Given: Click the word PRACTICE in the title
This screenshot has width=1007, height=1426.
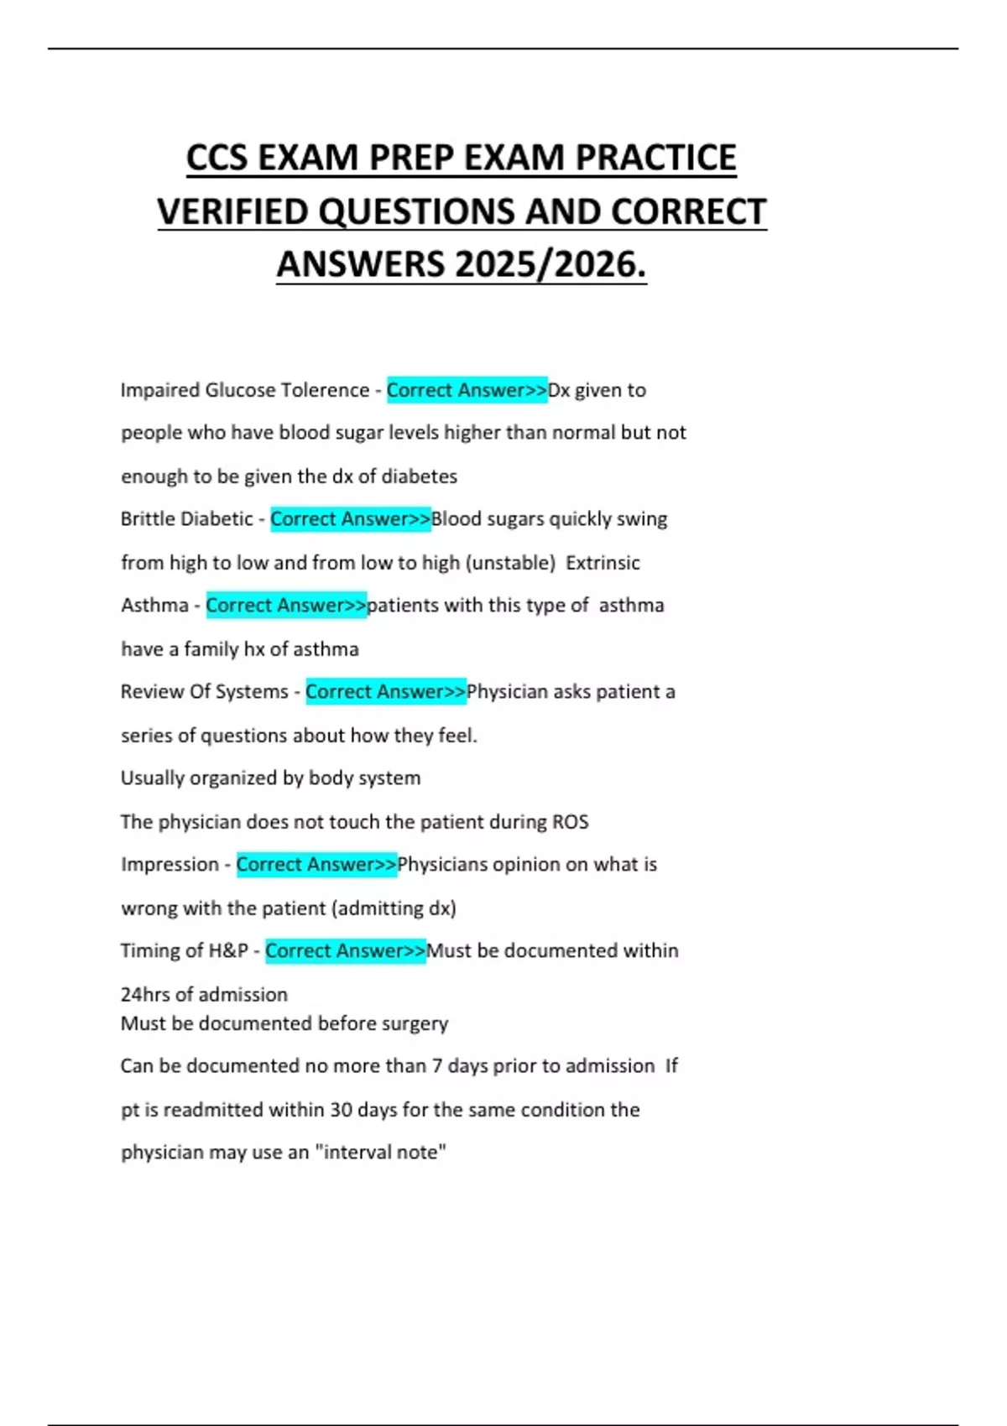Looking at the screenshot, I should (x=655, y=158).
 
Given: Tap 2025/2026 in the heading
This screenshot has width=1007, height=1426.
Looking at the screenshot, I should (x=550, y=264).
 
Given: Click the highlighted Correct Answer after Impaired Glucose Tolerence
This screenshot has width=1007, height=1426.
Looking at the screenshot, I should (x=467, y=390).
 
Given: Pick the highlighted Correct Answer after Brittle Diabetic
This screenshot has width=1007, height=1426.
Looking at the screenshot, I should (x=350, y=519).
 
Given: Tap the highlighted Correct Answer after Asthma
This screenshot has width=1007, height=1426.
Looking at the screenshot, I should (x=286, y=606).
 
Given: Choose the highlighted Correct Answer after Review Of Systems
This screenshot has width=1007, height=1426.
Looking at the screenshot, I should (x=385, y=692).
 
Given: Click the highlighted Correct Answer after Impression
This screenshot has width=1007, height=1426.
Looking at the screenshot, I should (x=316, y=865).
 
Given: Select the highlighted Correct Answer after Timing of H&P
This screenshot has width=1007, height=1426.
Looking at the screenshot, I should (x=345, y=951).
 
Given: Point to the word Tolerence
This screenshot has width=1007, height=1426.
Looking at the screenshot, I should (x=325, y=390).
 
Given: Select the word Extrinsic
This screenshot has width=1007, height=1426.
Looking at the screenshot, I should (x=603, y=563).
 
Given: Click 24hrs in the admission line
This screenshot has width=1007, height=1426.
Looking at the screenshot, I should (x=145, y=995).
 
